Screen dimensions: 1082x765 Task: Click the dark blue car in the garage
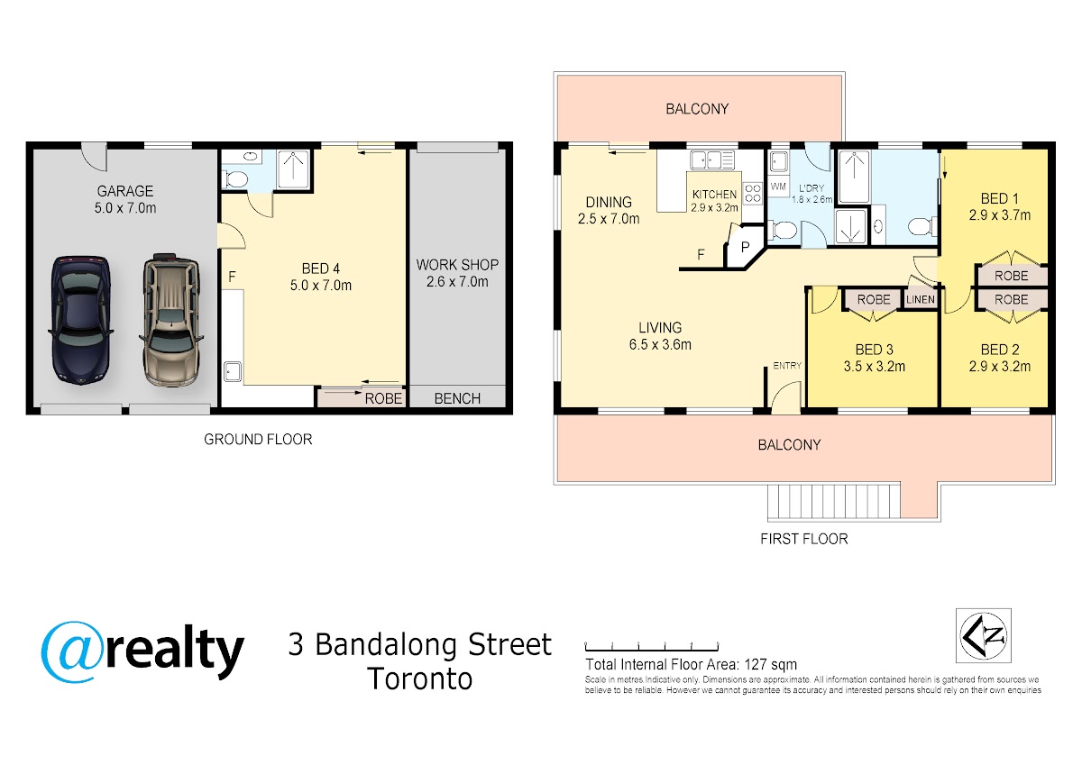(80, 320)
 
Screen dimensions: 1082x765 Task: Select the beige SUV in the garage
(171, 320)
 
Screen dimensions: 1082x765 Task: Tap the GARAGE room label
(125, 191)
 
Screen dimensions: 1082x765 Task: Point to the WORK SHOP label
(457, 265)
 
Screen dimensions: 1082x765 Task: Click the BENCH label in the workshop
(457, 398)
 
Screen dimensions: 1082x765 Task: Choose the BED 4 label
(321, 269)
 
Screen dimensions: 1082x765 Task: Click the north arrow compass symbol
(984, 635)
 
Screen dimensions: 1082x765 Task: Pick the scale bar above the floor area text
(652, 647)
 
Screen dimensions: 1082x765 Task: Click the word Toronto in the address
(420, 679)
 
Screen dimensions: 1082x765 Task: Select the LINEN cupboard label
(921, 300)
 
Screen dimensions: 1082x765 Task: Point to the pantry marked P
(746, 248)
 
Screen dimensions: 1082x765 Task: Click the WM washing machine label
(778, 187)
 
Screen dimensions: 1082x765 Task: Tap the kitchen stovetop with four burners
(753, 193)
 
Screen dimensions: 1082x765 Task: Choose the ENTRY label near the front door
(787, 366)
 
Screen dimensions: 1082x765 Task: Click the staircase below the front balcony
(834, 502)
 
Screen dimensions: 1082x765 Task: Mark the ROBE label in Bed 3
(874, 300)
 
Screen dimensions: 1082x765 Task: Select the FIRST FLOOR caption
(803, 539)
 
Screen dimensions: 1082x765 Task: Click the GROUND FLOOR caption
(258, 439)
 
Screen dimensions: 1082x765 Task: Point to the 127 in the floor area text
(756, 665)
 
